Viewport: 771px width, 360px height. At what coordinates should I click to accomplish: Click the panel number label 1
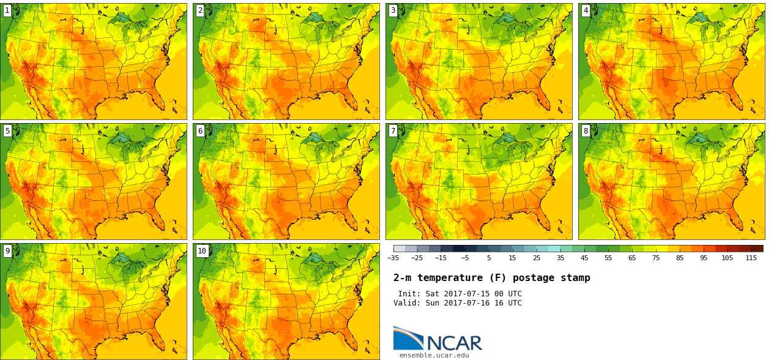click(7, 10)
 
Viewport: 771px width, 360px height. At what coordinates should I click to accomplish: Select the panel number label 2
click(200, 10)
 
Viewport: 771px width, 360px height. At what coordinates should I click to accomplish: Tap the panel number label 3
click(393, 10)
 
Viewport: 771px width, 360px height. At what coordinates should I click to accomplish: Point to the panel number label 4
click(586, 10)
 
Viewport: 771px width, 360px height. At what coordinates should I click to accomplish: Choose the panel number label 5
click(7, 130)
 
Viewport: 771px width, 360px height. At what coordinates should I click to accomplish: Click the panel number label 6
click(200, 130)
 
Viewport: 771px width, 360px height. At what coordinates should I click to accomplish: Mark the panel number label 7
click(393, 130)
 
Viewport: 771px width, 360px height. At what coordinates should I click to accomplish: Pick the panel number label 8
click(586, 130)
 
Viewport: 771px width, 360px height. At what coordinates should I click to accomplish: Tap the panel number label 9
click(7, 250)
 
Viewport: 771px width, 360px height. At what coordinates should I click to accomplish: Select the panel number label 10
click(202, 250)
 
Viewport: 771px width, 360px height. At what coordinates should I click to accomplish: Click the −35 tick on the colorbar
click(393, 258)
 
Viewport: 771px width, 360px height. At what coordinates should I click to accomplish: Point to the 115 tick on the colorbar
click(751, 258)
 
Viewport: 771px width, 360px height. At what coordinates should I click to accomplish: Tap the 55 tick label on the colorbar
click(608, 258)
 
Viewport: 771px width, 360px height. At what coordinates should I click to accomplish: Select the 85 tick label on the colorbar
click(679, 258)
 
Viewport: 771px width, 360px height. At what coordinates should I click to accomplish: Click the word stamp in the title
click(576, 278)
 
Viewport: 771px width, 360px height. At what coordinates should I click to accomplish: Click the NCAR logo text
click(453, 342)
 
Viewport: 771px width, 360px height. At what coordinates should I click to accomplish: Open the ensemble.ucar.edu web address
click(434, 355)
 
